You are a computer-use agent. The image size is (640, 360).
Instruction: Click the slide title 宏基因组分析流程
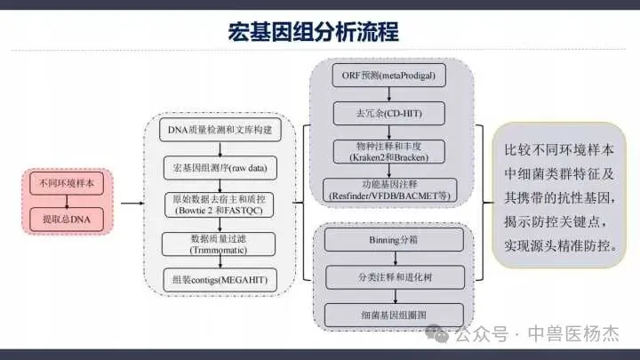click(313, 32)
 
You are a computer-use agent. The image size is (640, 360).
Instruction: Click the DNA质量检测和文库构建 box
click(218, 132)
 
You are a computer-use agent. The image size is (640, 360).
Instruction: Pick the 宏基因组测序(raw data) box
click(218, 167)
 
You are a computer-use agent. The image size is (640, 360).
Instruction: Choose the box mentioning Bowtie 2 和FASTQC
click(218, 204)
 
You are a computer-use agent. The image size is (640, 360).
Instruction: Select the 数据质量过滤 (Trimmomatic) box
click(218, 243)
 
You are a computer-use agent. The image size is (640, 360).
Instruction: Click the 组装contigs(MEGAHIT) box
click(218, 281)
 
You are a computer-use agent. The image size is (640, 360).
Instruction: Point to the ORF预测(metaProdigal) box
click(395, 76)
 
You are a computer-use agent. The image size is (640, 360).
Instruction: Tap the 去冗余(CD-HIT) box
click(395, 113)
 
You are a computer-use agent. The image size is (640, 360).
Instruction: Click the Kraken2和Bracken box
click(395, 150)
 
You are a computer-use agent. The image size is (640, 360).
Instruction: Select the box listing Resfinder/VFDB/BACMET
click(395, 188)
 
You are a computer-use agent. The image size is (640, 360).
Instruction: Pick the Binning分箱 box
click(394, 238)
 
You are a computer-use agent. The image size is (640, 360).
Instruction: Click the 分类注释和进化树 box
click(394, 276)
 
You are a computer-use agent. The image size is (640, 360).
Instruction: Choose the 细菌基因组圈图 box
click(394, 314)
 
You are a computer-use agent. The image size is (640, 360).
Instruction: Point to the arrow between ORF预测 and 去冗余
click(395, 94)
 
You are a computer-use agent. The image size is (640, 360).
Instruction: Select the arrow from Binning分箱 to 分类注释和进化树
click(394, 258)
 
